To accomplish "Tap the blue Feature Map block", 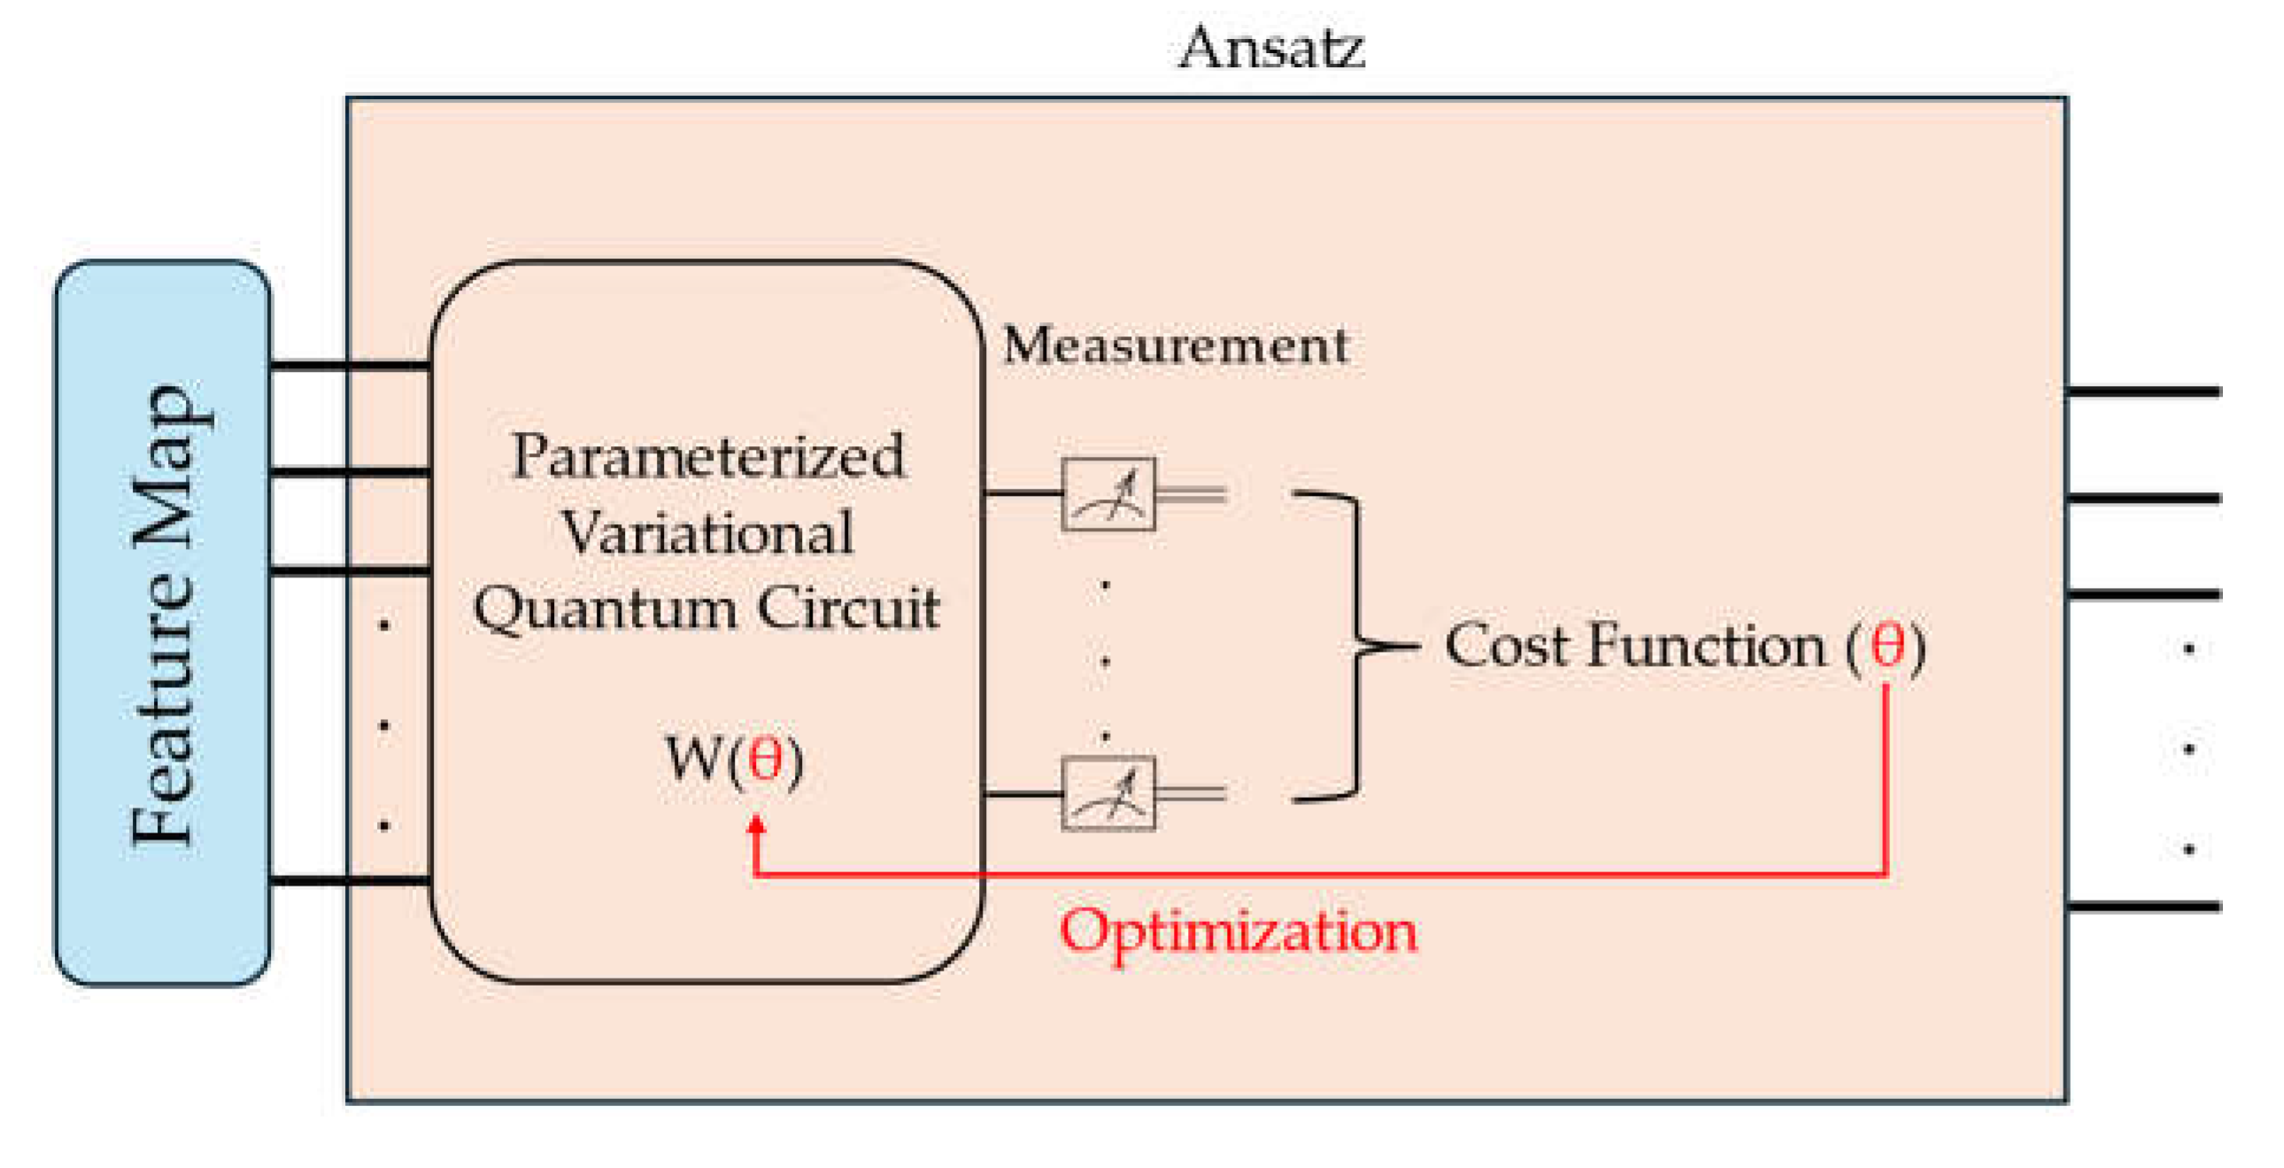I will coord(162,621).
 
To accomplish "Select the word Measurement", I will coord(1176,345).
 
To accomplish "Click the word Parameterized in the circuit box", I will coord(707,458).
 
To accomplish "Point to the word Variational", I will coord(707,534).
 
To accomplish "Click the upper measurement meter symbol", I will coord(1108,495).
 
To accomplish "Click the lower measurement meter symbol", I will coord(1108,793).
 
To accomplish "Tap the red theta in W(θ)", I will coord(764,759).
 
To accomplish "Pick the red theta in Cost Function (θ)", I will coord(1886,646).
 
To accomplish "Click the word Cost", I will coord(1508,646).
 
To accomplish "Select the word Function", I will coord(1706,646).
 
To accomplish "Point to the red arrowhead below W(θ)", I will coord(756,824).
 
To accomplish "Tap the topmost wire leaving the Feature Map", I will coord(351,365).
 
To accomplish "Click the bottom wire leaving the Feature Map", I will coord(351,880).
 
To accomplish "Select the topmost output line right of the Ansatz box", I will coord(2144,391).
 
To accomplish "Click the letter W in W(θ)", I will coord(694,759).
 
